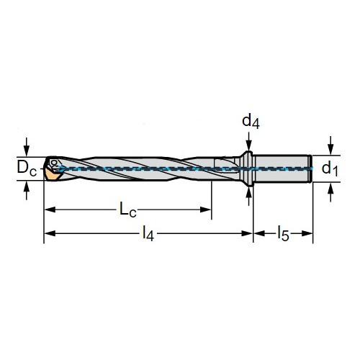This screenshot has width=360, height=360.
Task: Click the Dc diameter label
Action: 27,168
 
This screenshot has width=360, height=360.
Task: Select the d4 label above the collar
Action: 251,122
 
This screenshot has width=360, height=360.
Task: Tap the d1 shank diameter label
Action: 330,168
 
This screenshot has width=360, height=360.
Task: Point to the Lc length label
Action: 128,210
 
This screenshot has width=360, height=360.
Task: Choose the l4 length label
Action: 148,233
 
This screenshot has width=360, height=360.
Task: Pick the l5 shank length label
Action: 283,233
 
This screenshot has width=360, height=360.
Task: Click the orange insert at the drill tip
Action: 53,175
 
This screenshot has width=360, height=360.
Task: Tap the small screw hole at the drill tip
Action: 54,163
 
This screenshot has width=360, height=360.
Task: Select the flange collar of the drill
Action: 248,168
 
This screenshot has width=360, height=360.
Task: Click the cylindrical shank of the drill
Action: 283,168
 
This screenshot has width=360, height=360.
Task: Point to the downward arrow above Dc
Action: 27,147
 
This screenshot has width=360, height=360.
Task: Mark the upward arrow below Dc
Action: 27,191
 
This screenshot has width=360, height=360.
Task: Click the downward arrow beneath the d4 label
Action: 249,142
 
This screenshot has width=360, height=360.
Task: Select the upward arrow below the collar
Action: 249,197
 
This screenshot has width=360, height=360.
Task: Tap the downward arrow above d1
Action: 330,145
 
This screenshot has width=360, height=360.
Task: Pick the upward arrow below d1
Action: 330,192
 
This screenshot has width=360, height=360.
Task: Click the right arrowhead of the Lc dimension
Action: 205,210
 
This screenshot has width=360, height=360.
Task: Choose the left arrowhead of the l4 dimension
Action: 50,233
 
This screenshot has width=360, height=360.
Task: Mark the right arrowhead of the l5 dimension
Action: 307,233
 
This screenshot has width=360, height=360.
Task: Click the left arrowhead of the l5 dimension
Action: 259,233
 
